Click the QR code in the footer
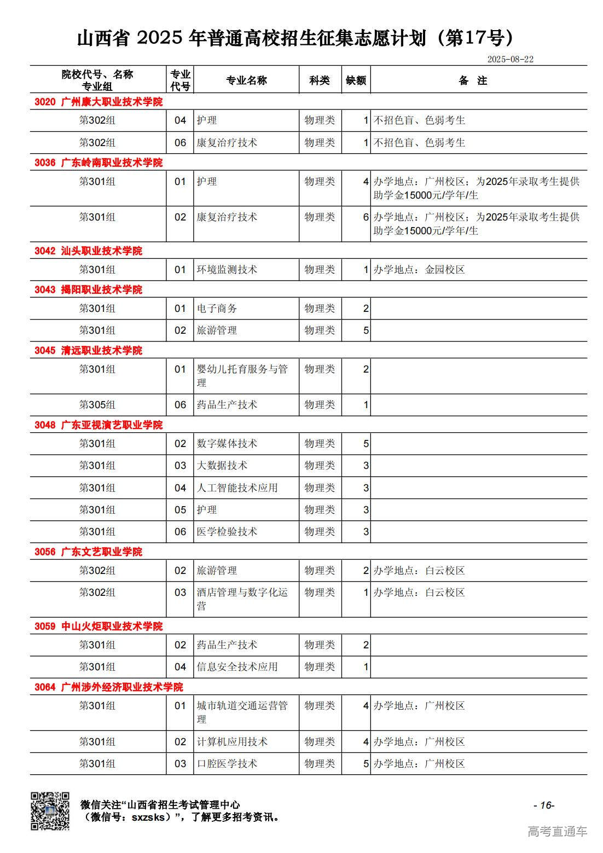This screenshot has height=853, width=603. point(50,811)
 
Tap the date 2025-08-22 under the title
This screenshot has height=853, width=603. point(510,59)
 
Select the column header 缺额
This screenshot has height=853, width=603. point(356,80)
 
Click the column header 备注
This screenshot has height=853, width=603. point(473,80)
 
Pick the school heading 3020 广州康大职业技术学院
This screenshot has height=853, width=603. point(98,102)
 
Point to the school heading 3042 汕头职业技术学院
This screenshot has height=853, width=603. point(88,251)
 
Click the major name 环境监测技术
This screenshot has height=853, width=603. point(227,270)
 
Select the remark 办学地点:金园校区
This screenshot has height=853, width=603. point(419,270)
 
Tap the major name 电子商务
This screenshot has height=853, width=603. point(217,309)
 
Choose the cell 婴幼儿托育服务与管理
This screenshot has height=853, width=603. point(242,376)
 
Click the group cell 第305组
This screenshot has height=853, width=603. point(97,405)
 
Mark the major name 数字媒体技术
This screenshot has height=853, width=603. point(227,444)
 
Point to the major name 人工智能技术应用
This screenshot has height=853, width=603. point(237,488)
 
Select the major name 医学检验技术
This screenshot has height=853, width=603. point(227,532)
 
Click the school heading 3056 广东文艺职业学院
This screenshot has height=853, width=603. point(88,552)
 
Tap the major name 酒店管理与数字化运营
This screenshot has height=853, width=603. point(242,599)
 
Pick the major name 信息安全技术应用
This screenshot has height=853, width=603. point(237,667)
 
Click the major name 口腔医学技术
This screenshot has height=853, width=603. point(227,764)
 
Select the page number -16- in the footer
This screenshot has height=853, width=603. point(543,805)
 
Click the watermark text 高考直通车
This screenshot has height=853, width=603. point(557,832)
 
